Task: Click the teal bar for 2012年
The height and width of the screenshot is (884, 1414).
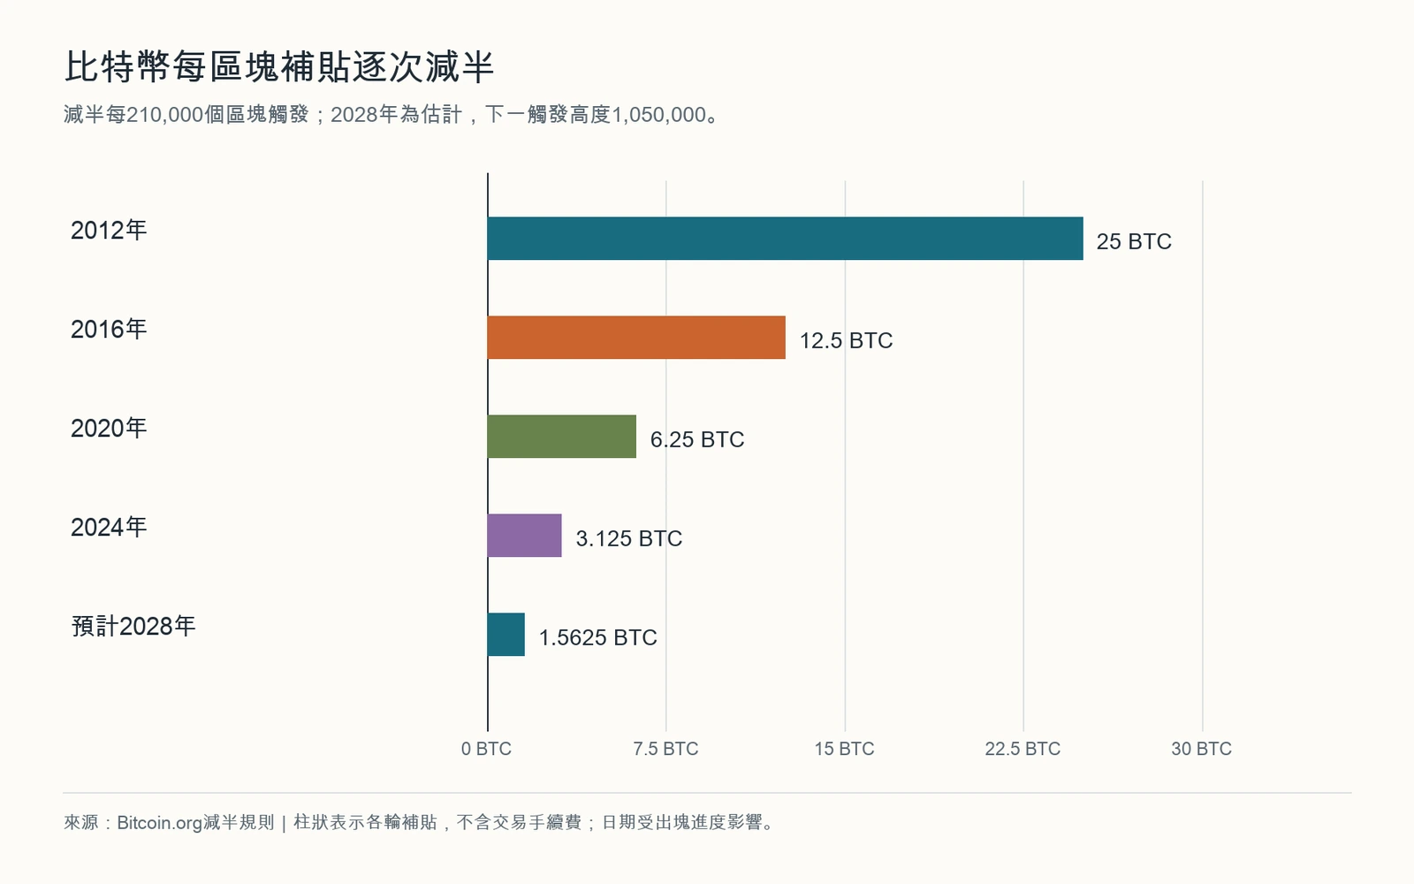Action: (x=786, y=238)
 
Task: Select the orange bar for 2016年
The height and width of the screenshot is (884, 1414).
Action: (x=636, y=337)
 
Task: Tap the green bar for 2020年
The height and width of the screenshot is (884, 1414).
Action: (x=562, y=437)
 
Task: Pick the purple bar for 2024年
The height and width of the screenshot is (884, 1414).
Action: (x=525, y=536)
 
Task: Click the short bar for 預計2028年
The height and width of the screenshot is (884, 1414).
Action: (x=506, y=635)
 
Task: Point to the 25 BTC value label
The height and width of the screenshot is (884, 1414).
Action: (x=1134, y=241)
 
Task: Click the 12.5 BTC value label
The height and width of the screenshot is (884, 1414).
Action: (x=846, y=340)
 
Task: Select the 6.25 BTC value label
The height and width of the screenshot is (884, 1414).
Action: (x=697, y=439)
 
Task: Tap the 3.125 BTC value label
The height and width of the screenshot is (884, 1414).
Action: (x=628, y=538)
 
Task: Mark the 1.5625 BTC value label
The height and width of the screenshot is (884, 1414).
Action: (x=597, y=637)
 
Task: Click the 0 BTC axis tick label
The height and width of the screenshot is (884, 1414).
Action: (x=486, y=749)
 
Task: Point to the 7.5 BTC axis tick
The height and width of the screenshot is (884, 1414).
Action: (x=666, y=749)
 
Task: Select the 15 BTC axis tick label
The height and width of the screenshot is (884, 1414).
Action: (x=845, y=749)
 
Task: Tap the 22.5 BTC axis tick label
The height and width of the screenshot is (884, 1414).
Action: (x=1022, y=749)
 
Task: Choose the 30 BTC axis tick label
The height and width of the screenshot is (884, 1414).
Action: (x=1202, y=749)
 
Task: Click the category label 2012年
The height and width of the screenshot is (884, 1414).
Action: (x=109, y=231)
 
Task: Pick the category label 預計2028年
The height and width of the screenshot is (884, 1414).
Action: (x=133, y=627)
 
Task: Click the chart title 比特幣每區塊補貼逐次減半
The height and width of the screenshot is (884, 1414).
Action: (x=279, y=67)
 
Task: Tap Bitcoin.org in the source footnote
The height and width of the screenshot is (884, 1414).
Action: (x=160, y=823)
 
